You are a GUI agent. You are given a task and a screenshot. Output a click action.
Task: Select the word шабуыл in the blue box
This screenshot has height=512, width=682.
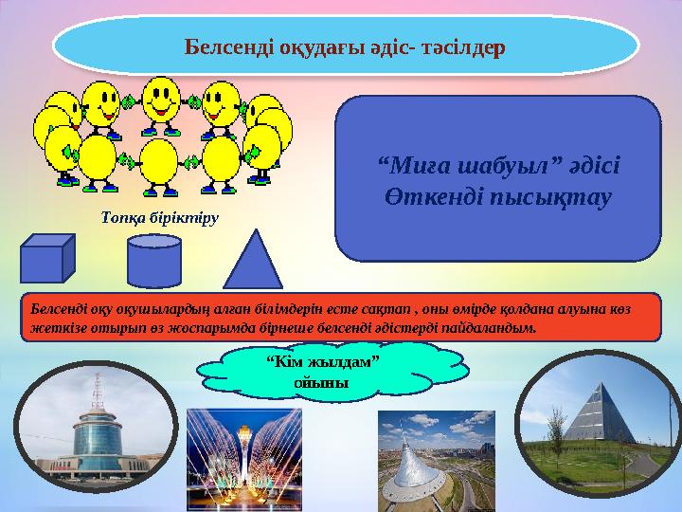pos(484,167)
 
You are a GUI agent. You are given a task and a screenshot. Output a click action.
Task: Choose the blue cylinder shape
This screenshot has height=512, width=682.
pos(154,260)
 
